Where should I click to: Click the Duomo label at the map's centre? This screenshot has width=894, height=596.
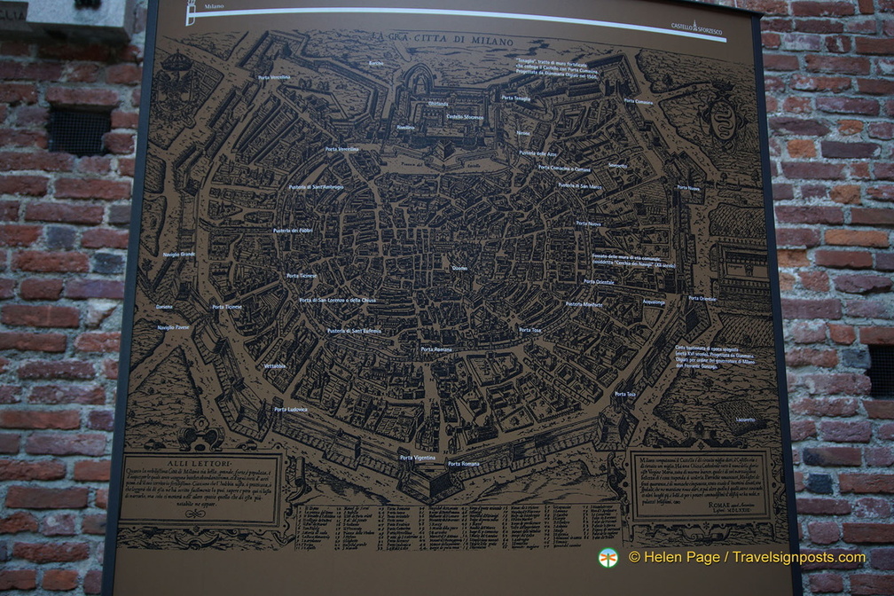point(459,268)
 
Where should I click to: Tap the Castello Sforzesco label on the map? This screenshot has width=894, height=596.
point(465,116)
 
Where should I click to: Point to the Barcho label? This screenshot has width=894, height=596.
point(376,64)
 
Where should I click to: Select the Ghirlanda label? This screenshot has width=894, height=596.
point(413,104)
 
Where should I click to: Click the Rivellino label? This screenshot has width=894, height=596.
point(405,128)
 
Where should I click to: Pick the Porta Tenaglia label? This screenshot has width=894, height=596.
point(515,98)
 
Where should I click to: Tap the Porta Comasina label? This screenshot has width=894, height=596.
point(638,101)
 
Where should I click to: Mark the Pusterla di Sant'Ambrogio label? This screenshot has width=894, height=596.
point(316,187)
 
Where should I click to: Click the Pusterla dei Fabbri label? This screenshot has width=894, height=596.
point(294,231)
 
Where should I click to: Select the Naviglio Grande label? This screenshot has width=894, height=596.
point(178,254)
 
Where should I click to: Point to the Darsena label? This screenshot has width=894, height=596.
point(164,307)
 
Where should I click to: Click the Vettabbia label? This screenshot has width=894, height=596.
point(275,365)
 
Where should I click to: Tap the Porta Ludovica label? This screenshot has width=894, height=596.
point(291,409)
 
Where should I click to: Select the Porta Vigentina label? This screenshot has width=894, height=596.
point(418,458)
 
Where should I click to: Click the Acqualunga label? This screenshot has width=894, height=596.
point(654,302)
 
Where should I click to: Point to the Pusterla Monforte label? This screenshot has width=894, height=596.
point(584,304)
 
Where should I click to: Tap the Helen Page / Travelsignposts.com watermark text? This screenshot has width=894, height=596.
point(745,557)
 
